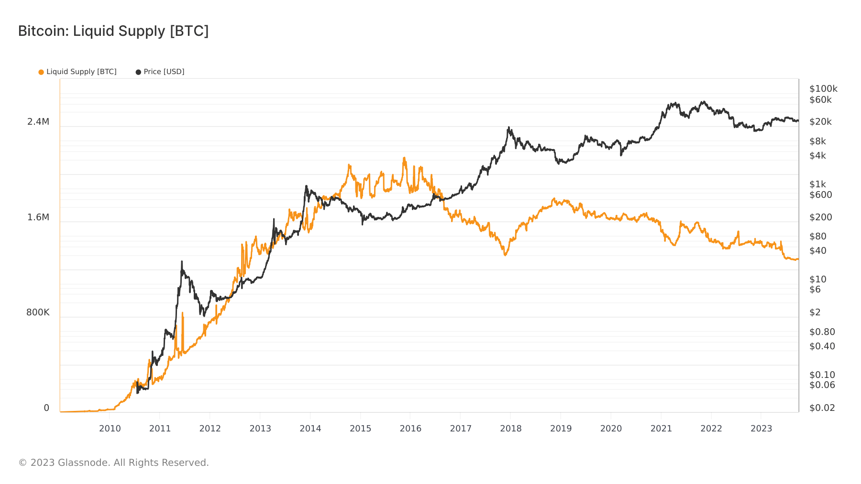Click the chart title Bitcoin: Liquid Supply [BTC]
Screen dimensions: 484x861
click(x=113, y=31)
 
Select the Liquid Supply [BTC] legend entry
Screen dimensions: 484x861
click(x=81, y=72)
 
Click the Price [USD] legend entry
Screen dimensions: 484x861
click(x=164, y=72)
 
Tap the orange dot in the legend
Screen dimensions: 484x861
click(x=41, y=72)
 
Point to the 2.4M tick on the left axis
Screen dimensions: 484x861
click(x=38, y=122)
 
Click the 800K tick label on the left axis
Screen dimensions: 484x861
click(x=38, y=312)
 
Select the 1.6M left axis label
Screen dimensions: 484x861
click(x=38, y=217)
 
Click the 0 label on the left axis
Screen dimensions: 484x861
click(x=46, y=408)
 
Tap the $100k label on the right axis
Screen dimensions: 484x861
click(x=823, y=89)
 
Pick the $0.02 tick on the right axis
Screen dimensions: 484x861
click(x=822, y=408)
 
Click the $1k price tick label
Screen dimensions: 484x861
click(x=817, y=184)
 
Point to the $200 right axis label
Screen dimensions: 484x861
click(x=820, y=217)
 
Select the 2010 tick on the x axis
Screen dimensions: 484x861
click(x=110, y=429)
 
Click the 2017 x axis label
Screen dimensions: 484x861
click(x=461, y=429)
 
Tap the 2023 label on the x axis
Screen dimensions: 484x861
click(x=761, y=429)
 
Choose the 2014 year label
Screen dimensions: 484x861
click(x=310, y=429)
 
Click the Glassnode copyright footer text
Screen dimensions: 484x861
click(x=113, y=462)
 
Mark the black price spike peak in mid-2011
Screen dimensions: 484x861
click(x=182, y=262)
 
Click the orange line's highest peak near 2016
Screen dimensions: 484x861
click(x=404, y=158)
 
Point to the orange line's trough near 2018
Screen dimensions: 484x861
click(x=505, y=255)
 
